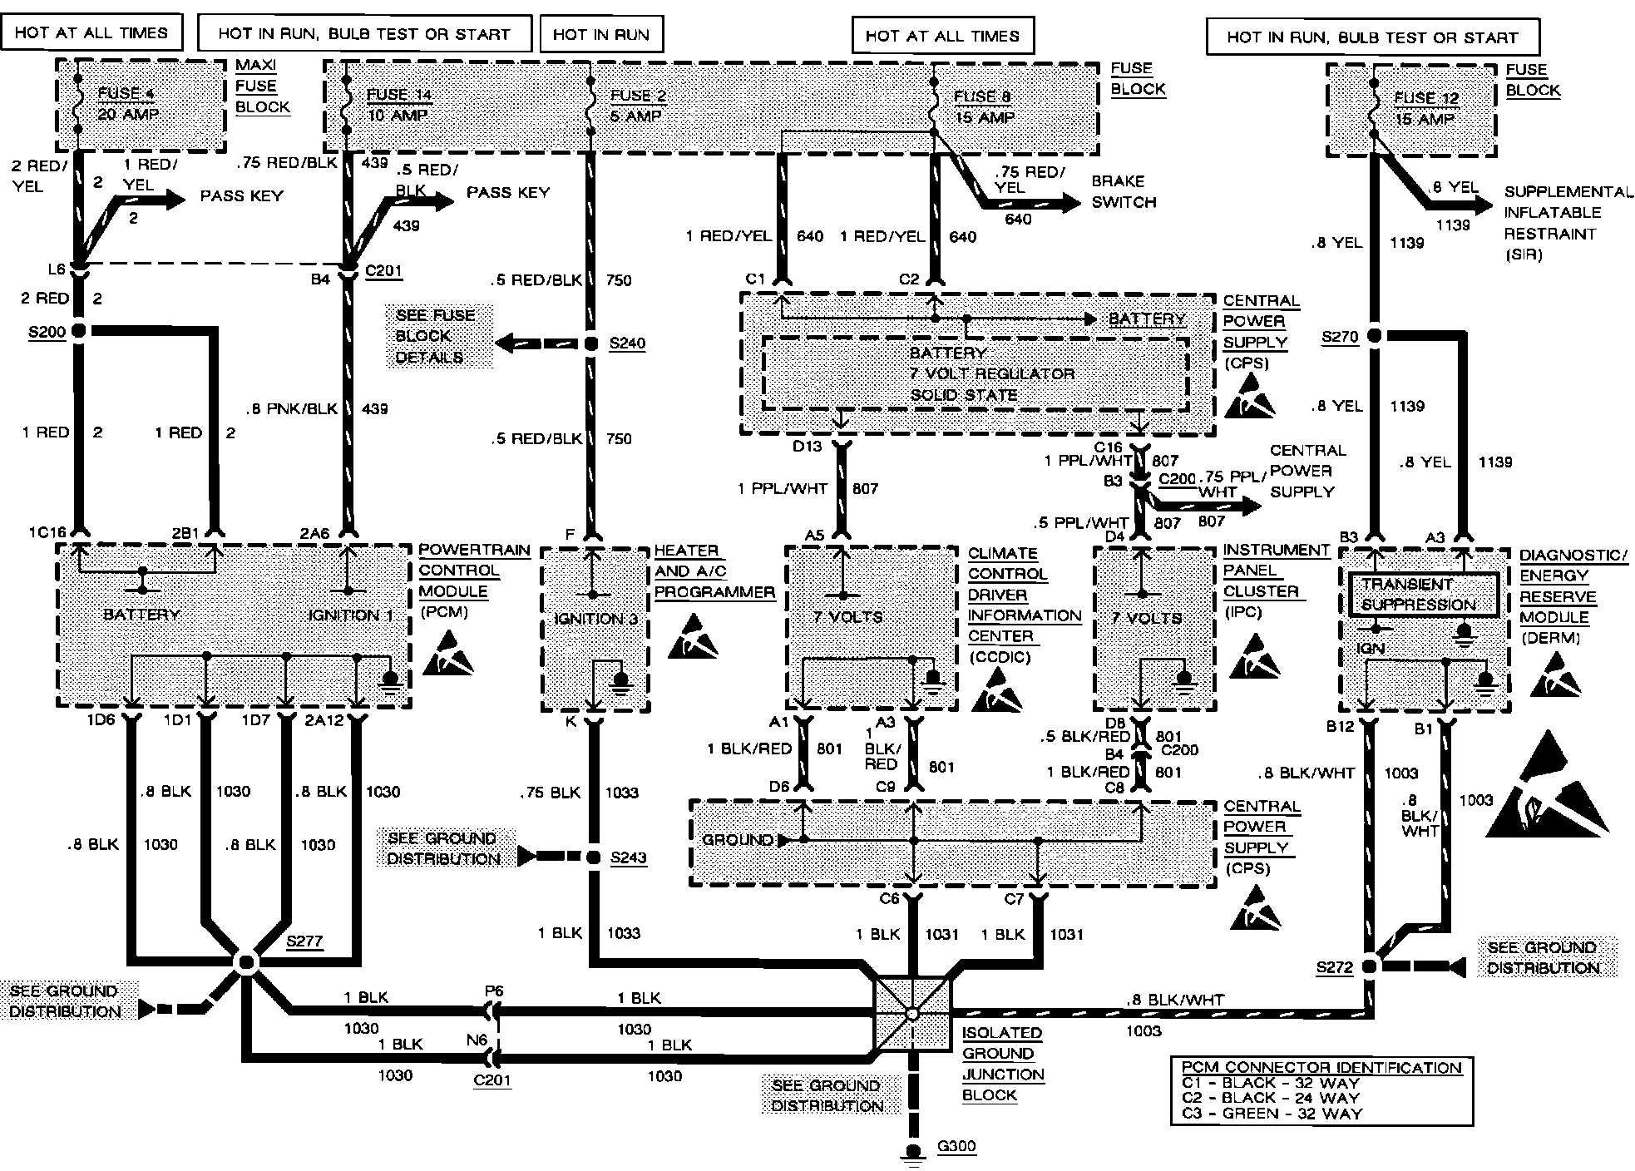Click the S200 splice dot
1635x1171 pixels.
tap(79, 331)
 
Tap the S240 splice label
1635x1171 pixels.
tap(627, 343)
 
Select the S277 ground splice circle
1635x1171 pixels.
tap(246, 963)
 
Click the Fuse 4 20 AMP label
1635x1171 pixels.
tap(127, 104)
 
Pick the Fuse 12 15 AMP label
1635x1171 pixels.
tap(1425, 108)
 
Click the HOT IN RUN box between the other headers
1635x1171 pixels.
tap(600, 35)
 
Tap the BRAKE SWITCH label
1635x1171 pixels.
tap(1123, 191)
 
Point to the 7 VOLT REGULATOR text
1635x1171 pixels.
tap(991, 373)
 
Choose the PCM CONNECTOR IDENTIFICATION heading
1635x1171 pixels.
tap(1321, 1067)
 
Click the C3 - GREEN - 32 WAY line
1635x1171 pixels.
tap(1272, 1113)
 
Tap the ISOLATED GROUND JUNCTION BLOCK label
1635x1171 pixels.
tap(1002, 1063)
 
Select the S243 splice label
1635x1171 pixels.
tap(628, 858)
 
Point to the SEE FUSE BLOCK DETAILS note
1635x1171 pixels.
tap(436, 336)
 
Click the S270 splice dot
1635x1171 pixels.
tap(1375, 336)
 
